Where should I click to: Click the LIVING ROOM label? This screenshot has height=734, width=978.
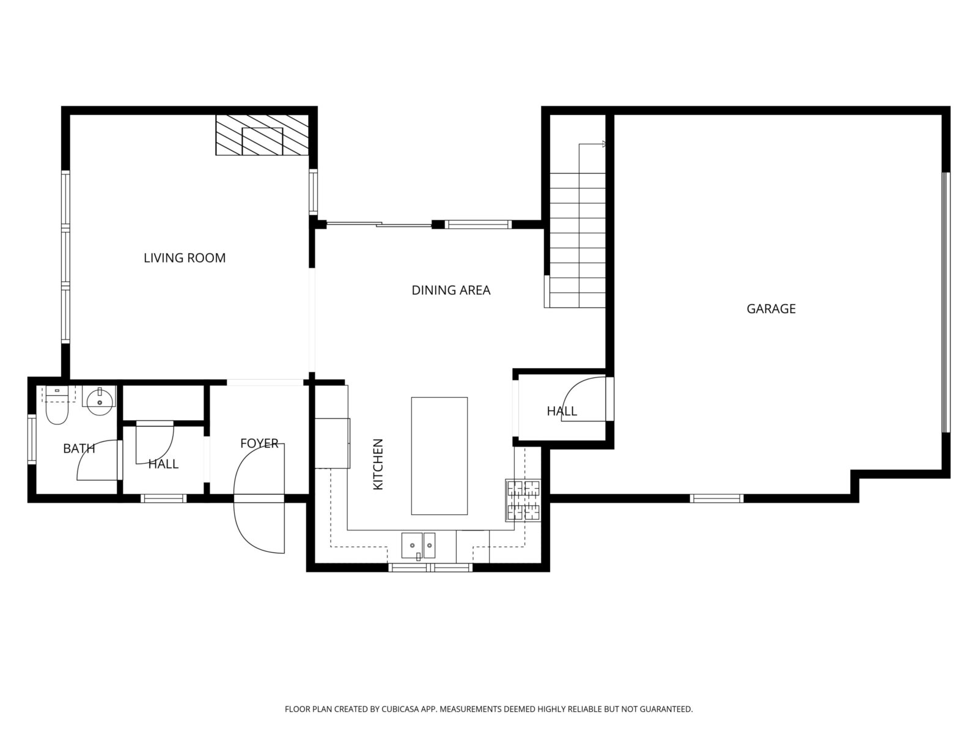click(185, 258)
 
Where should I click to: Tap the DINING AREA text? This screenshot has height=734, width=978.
click(451, 290)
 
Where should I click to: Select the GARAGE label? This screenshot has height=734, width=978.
click(771, 309)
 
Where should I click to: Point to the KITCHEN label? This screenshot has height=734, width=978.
click(378, 464)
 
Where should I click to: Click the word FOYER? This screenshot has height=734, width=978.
click(259, 443)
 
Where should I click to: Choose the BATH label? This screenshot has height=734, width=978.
click(79, 448)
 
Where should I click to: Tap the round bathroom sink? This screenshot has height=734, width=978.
click(100, 401)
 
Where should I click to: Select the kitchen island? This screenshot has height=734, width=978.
click(439, 456)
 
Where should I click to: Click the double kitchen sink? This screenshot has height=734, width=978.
click(418, 546)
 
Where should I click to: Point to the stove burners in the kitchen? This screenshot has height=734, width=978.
click(523, 500)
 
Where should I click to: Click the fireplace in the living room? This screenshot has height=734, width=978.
click(262, 135)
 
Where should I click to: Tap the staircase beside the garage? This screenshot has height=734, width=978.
click(578, 226)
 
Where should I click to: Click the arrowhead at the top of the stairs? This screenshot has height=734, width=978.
click(604, 144)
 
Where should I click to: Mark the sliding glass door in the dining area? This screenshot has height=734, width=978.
click(379, 224)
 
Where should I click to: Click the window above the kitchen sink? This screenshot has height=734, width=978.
click(430, 568)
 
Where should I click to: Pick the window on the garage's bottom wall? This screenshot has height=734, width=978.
click(716, 499)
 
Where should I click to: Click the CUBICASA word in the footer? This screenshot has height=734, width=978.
click(400, 708)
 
